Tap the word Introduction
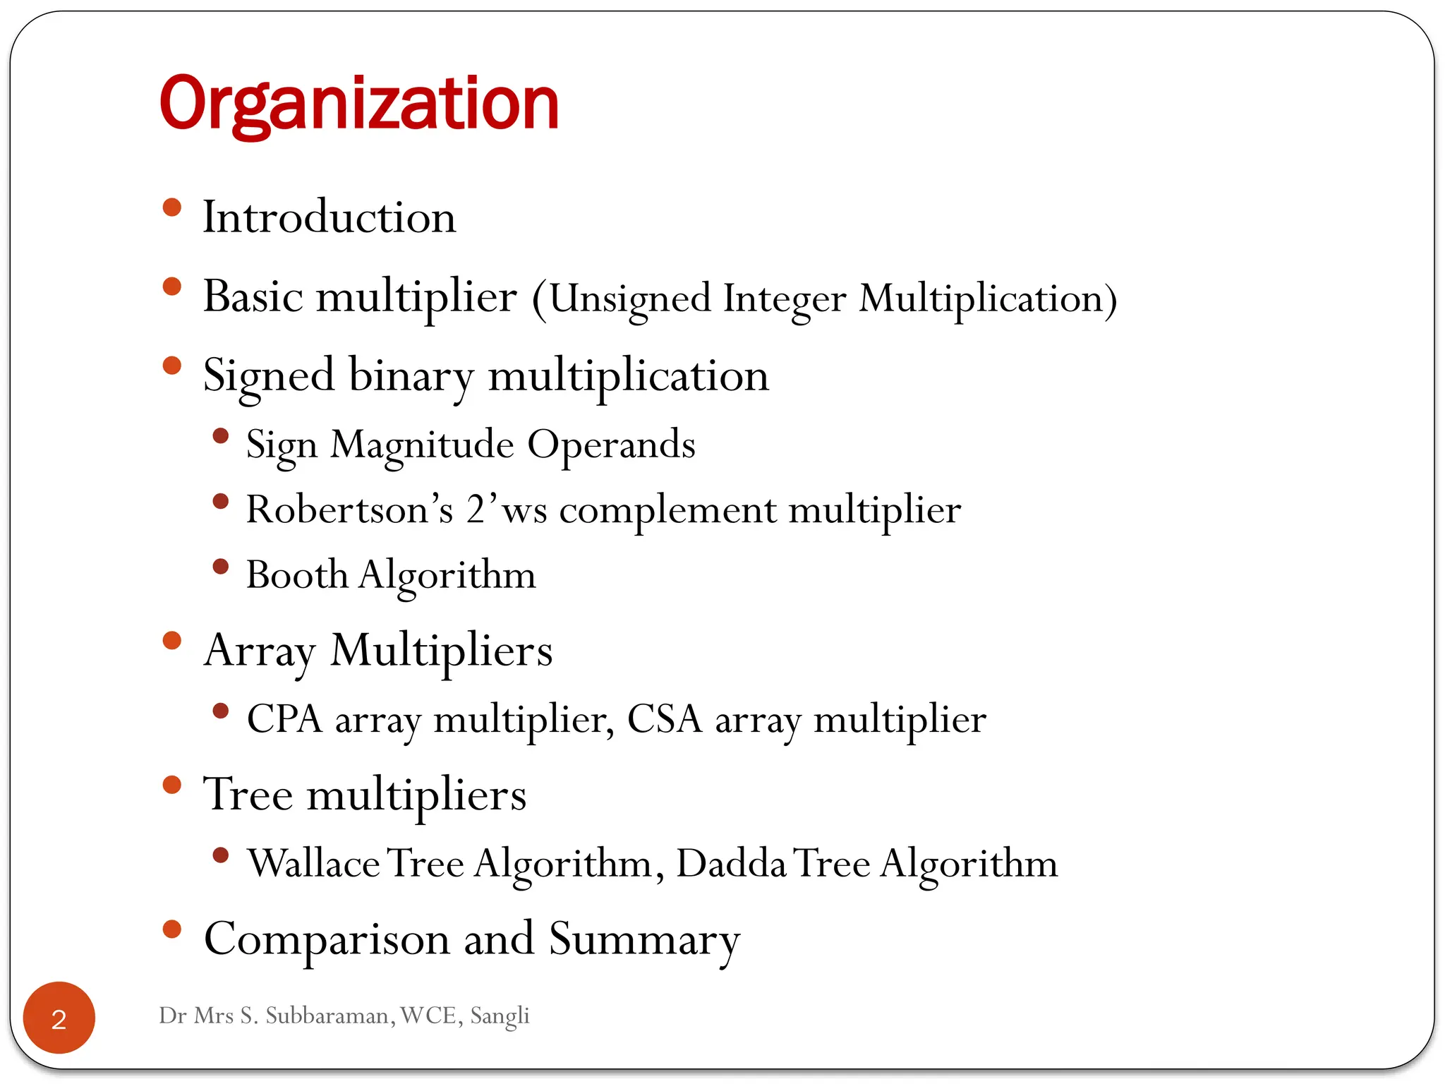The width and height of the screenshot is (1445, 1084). pyautogui.click(x=329, y=217)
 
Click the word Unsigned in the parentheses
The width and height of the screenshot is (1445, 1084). pyautogui.click(x=629, y=299)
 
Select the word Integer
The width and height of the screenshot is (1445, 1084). pyautogui.click(x=784, y=299)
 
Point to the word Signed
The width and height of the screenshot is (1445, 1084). pyautogui.click(x=268, y=375)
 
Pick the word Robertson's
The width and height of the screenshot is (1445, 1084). pyautogui.click(x=349, y=509)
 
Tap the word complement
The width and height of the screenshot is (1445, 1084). pyautogui.click(x=667, y=510)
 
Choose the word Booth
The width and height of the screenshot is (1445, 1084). pyautogui.click(x=297, y=574)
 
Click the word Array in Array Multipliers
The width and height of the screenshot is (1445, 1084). pyautogui.click(x=259, y=650)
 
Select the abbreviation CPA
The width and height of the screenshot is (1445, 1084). pyautogui.click(x=284, y=719)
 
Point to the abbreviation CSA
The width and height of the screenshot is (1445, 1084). pyautogui.click(x=664, y=719)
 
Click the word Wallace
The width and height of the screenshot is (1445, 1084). pyautogui.click(x=314, y=863)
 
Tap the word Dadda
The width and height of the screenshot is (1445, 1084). pyautogui.click(x=731, y=863)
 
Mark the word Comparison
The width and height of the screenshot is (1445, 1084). pyautogui.click(x=327, y=939)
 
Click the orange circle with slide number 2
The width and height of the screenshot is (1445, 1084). pyautogui.click(x=59, y=1018)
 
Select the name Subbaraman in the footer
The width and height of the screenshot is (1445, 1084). pyautogui.click(x=327, y=1016)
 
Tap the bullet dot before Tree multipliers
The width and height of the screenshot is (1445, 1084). pyautogui.click(x=171, y=785)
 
